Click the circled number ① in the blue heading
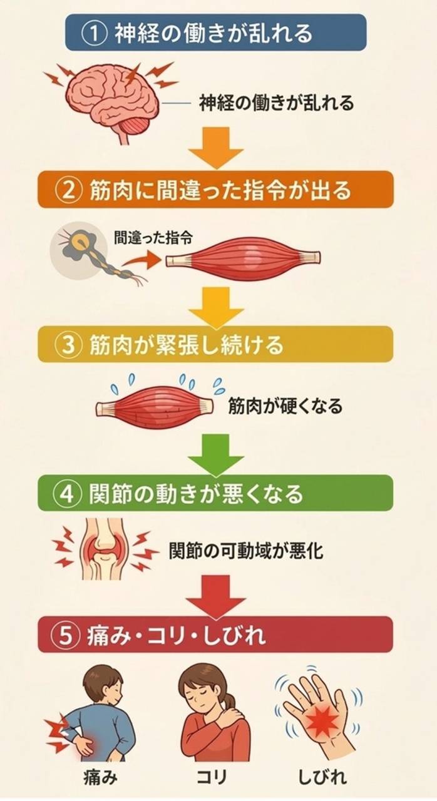tap(95, 33)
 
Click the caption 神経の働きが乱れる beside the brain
tap(276, 102)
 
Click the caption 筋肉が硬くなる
tap(285, 407)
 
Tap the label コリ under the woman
tap(212, 779)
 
